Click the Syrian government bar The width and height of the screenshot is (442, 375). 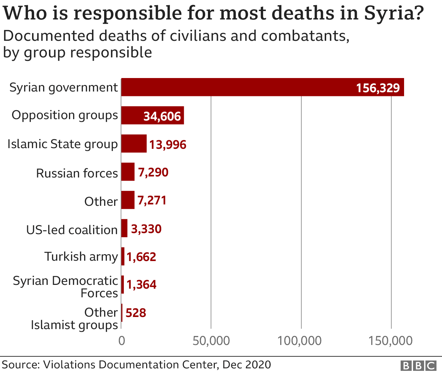[262, 87]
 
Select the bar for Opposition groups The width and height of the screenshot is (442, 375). [152, 115]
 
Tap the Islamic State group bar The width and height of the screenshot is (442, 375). [134, 144]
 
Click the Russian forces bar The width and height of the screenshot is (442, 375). [128, 172]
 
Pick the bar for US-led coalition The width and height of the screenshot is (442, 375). [124, 228]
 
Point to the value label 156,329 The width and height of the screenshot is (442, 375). [378, 88]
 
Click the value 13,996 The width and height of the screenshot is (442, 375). [168, 144]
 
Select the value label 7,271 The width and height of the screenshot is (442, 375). [152, 200]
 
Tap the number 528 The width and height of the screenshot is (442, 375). [136, 313]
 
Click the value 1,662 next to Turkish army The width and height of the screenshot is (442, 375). [141, 257]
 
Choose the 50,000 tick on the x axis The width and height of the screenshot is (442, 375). [211, 341]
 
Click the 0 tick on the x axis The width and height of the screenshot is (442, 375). [121, 341]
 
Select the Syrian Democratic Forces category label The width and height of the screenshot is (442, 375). [66, 287]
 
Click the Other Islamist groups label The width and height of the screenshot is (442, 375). [74, 318]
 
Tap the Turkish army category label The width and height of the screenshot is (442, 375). [81, 257]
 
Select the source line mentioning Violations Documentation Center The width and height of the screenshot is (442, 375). [136, 365]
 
